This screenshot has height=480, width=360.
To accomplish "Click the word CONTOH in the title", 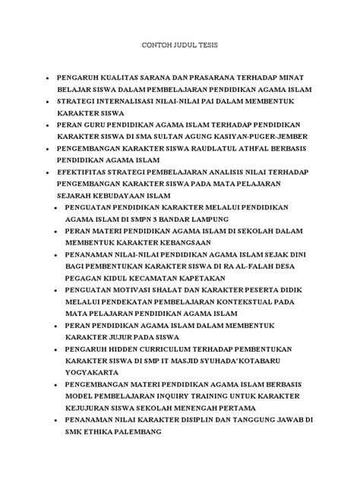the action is pos(158,45).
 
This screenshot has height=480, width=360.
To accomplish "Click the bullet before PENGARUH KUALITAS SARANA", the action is pos(48,78).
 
